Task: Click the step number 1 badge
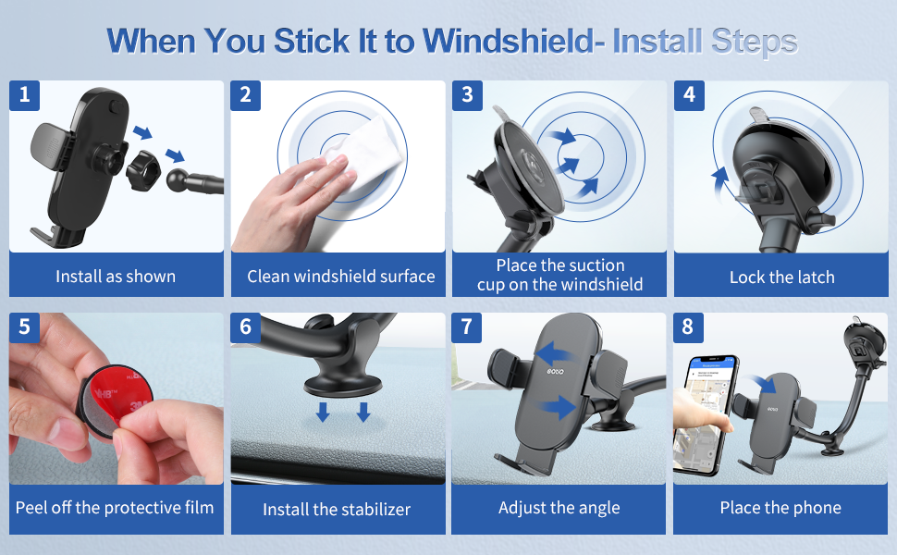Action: pos(25,95)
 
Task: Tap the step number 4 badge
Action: pos(689,95)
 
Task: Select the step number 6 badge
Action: pos(246,327)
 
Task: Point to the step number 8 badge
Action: pos(688,327)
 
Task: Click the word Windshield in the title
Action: pos(508,42)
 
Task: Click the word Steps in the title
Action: pos(755,43)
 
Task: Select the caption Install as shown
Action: pos(116,277)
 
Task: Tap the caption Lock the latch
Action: pos(781,277)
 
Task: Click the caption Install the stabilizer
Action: pos(337,510)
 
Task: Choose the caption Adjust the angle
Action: pos(559,508)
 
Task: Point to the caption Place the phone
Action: pos(780,508)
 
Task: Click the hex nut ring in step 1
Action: pos(143,170)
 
